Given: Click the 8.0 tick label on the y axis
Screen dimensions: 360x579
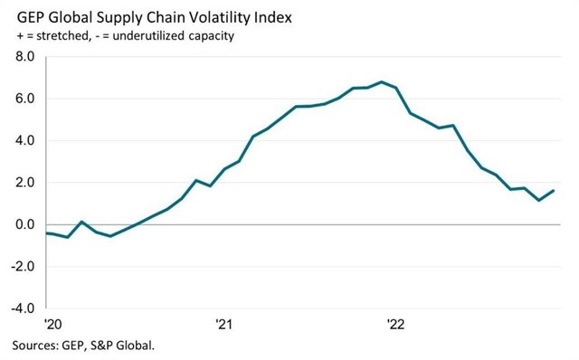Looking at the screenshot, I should coord(23,57).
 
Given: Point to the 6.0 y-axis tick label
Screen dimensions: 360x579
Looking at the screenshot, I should coord(23,99).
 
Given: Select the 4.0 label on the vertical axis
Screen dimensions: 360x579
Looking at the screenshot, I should coord(23,141).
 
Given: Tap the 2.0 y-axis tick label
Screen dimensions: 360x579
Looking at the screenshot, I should coord(23,183).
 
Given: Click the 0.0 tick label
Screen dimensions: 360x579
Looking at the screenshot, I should coord(23,224).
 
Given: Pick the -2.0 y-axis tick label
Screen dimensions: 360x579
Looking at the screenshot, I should coord(21,267).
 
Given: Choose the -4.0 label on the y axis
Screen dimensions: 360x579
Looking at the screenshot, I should coord(21,308).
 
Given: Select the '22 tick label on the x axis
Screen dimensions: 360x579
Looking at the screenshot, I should coord(395,325).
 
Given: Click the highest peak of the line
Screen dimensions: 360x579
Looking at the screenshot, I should coord(382,82).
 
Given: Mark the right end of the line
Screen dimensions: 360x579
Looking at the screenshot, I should coord(554,191).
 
